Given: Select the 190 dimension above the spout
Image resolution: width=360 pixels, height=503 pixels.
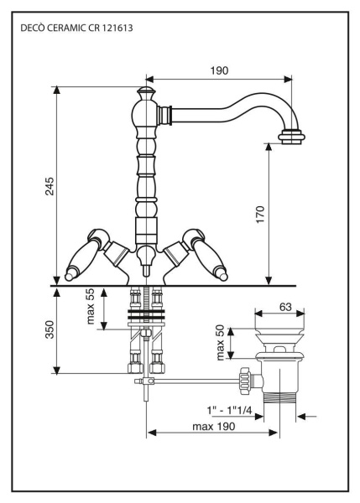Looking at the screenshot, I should (x=219, y=70).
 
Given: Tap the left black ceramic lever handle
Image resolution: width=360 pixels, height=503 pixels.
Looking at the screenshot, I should (x=84, y=255).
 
